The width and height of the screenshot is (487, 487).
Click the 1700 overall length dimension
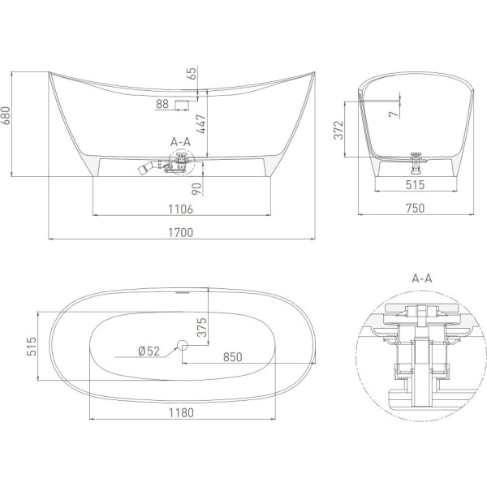pos(180,232)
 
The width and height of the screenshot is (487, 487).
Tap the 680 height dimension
pos(6,115)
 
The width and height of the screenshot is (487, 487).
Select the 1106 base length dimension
pos(180,209)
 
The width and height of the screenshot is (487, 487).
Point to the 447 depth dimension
pos(201,123)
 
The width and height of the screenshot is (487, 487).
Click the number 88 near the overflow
pos(162,104)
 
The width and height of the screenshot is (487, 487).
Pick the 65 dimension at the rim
pos(192,73)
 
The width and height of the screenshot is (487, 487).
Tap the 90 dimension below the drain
pos(196,189)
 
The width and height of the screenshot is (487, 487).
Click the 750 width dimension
pos(416,208)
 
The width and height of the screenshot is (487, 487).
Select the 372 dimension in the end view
pos(338,130)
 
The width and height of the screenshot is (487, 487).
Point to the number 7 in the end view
pos(394,114)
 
